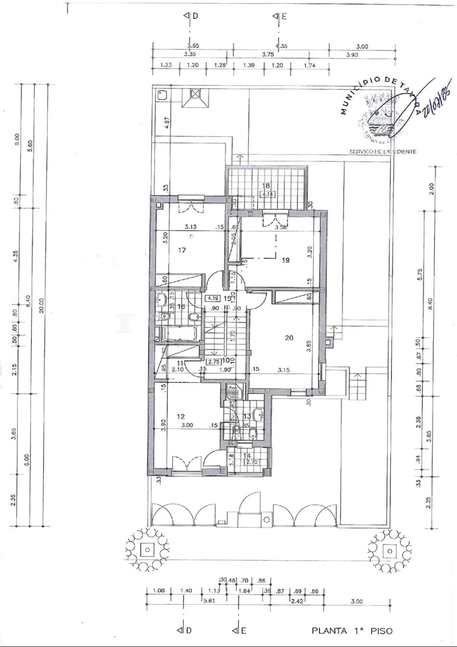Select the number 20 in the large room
(x=289, y=337)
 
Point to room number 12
(x=180, y=416)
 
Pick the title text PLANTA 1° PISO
(x=351, y=631)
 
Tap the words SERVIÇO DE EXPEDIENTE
(x=382, y=151)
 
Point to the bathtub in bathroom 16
(x=178, y=334)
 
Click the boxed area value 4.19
(x=212, y=299)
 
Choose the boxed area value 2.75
(x=212, y=362)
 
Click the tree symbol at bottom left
(x=148, y=549)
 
